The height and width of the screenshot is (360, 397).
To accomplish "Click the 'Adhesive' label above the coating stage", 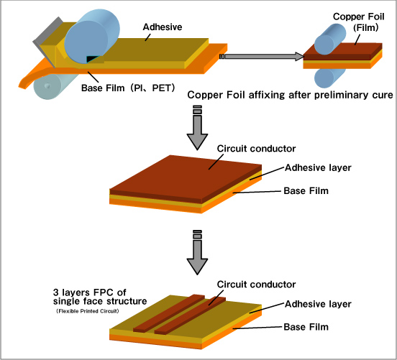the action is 163,27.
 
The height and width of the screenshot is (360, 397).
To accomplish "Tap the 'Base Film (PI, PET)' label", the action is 128,88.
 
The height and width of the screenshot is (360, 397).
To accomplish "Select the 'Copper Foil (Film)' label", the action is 359,22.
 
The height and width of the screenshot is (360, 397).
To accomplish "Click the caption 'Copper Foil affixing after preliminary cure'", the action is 290,95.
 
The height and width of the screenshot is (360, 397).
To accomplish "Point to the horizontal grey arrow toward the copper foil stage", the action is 262,57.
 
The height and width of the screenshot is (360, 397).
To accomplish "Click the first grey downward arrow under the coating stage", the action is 197,128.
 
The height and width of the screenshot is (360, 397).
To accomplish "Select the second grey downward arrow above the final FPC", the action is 197,252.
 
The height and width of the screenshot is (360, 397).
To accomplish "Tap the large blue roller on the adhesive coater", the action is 92,36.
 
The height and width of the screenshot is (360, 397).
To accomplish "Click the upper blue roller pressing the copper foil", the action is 330,39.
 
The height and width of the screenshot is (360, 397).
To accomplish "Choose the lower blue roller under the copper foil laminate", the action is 329,78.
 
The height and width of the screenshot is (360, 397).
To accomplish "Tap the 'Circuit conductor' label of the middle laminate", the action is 256,149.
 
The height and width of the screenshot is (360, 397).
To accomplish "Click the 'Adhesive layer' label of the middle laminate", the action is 318,167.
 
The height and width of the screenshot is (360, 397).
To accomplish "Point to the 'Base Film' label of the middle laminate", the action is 306,190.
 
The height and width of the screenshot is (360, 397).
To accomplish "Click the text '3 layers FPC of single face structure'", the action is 100,297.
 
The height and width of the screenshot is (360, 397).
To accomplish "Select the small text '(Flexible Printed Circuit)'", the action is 87,311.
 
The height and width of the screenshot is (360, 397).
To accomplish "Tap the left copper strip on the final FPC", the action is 169,313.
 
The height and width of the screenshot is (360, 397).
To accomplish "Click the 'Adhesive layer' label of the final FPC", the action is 318,304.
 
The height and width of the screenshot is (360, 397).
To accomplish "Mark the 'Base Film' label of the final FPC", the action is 306,327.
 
